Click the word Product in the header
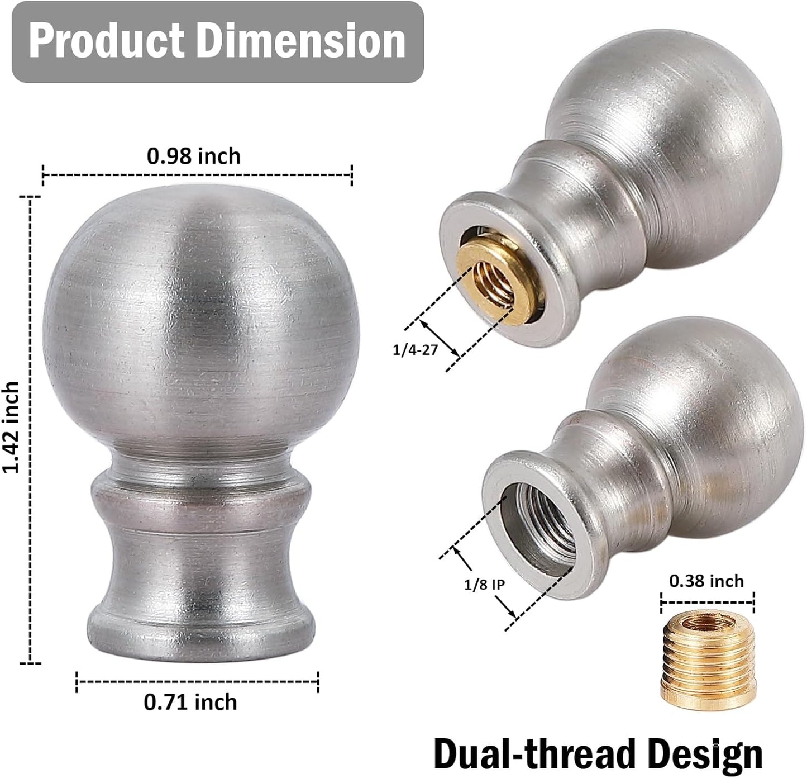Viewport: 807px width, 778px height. pos(106,40)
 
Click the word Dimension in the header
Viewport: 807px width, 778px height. pos(300,40)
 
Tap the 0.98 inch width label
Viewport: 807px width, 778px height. pos(194,156)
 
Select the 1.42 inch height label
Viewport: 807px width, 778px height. pos(11,427)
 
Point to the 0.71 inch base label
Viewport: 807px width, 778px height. pos(190,702)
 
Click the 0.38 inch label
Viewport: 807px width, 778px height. pos(706,581)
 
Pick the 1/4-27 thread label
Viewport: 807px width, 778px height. pos(415,350)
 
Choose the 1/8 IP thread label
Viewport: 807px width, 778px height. pos(484,585)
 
